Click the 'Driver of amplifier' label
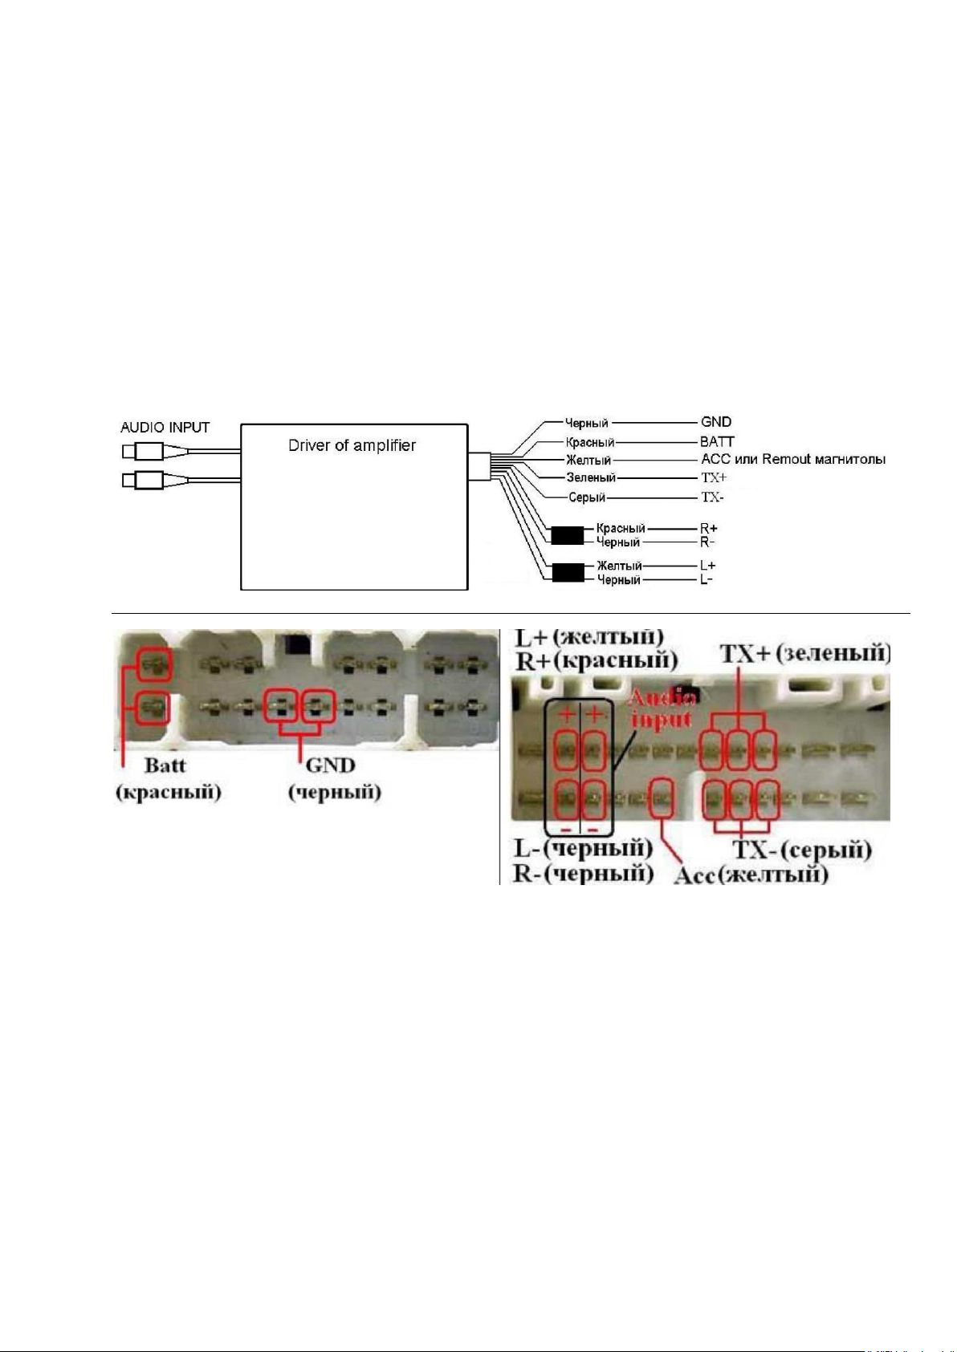(352, 445)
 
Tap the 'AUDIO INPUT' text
(165, 428)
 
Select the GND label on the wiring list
(716, 422)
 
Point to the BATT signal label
(717, 441)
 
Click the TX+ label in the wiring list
(714, 477)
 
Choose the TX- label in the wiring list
(712, 497)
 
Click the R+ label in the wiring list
(709, 528)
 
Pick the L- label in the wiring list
(707, 579)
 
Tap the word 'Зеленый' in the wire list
(591, 477)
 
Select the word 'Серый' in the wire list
(587, 497)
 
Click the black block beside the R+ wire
(568, 535)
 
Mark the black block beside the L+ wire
(568, 572)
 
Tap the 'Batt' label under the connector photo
(165, 765)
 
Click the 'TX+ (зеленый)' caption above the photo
(805, 654)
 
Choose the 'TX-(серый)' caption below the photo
(802, 851)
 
